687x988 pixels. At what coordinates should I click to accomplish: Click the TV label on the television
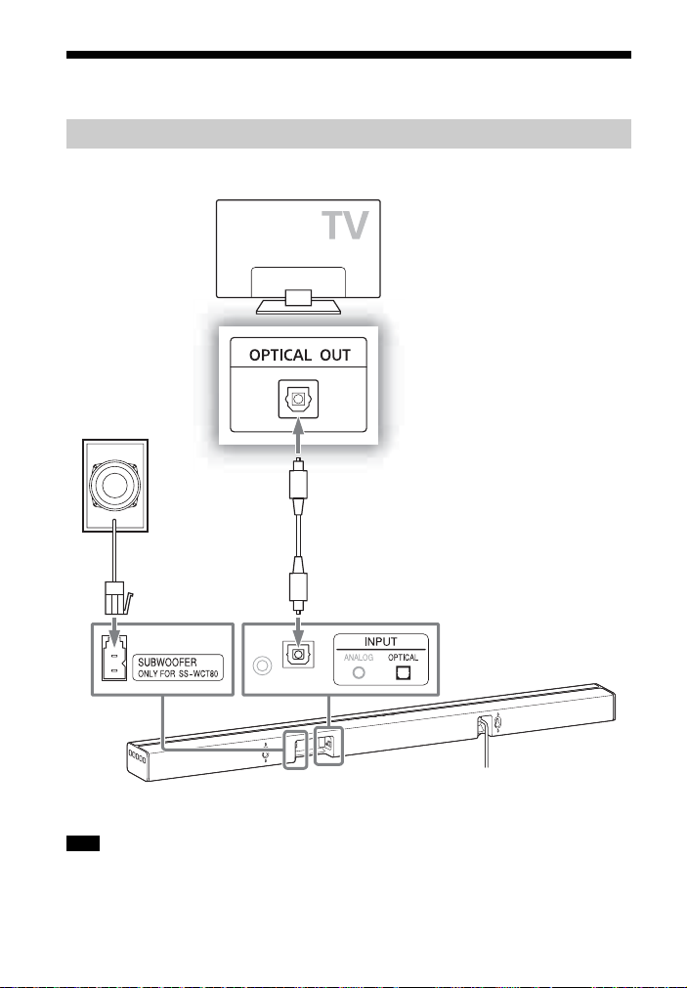pyautogui.click(x=345, y=225)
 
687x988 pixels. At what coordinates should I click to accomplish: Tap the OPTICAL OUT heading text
pyautogui.click(x=299, y=355)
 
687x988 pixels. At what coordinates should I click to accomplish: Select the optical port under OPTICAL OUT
pyautogui.click(x=298, y=399)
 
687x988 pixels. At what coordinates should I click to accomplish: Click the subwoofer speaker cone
pyautogui.click(x=114, y=485)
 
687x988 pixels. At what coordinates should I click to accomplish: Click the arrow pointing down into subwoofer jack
pyautogui.click(x=114, y=631)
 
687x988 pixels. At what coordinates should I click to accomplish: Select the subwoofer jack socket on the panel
pyautogui.click(x=114, y=658)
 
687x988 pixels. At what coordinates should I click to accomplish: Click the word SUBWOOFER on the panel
pyautogui.click(x=167, y=663)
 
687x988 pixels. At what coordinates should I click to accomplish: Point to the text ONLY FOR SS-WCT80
pyautogui.click(x=178, y=674)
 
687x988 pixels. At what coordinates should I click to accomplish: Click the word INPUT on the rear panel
pyautogui.click(x=381, y=641)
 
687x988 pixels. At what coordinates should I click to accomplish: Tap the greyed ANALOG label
pyautogui.click(x=359, y=657)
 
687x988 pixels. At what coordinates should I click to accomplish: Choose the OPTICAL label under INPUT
pyautogui.click(x=403, y=657)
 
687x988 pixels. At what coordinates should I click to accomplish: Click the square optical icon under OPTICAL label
pyautogui.click(x=403, y=672)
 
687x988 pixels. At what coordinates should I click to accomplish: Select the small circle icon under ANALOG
pyautogui.click(x=359, y=672)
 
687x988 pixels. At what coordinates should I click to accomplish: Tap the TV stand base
pyautogui.click(x=298, y=307)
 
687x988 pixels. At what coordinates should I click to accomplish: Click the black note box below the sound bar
pyautogui.click(x=83, y=843)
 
